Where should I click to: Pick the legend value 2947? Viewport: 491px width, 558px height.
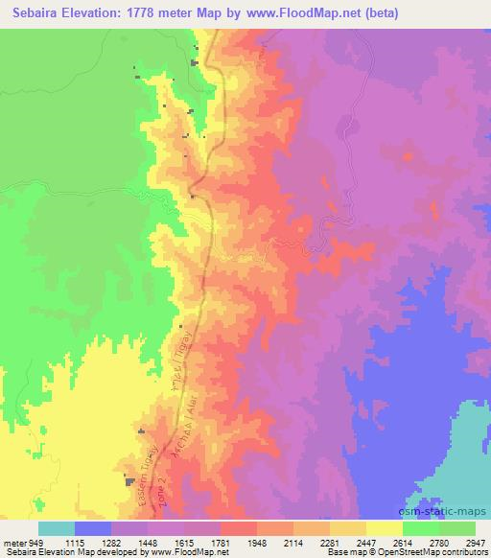click(x=477, y=543)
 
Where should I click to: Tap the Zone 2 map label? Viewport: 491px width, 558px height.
click(x=164, y=486)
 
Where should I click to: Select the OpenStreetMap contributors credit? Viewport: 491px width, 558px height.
click(x=436, y=553)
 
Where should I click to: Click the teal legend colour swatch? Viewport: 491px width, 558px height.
click(x=57, y=527)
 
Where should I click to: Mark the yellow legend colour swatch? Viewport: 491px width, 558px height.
click(x=384, y=527)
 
